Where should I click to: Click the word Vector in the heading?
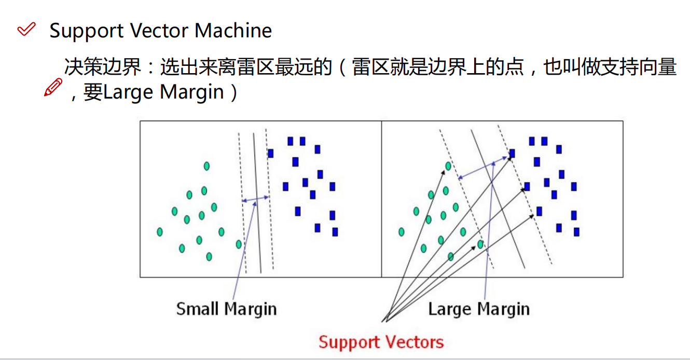coord(154,31)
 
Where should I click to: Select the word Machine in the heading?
coord(233,31)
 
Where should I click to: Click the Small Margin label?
coord(226,309)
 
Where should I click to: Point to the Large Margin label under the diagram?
coord(478,309)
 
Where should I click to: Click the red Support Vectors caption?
coord(381,342)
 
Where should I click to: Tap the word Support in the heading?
coord(86,31)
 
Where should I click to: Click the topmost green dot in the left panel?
coord(206,166)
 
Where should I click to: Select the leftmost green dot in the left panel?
coord(160,232)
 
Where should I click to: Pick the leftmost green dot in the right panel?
coord(402,232)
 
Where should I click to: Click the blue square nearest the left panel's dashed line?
coord(270,154)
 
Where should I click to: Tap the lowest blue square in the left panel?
coord(335,232)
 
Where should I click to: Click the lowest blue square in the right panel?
coord(576,232)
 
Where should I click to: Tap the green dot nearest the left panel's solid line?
coord(239,244)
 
